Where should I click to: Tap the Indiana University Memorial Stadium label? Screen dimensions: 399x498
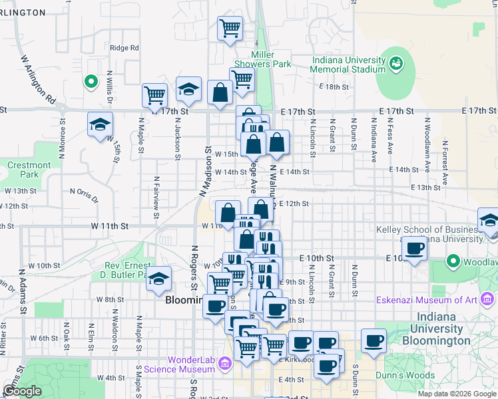[349, 65]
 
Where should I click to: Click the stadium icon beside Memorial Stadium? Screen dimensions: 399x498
[396, 63]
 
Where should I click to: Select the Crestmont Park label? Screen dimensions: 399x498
[29, 170]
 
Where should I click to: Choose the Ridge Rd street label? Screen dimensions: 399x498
[124, 48]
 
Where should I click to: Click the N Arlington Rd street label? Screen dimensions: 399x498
[38, 78]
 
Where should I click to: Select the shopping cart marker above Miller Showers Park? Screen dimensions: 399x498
[230, 29]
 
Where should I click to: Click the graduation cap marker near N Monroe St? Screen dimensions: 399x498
[101, 124]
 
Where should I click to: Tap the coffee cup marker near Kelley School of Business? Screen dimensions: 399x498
[415, 249]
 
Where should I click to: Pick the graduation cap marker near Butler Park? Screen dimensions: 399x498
[159, 279]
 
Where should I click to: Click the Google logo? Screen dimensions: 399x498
[23, 391]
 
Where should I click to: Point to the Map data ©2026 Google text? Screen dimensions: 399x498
[456, 394]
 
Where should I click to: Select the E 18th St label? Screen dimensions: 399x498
[334, 87]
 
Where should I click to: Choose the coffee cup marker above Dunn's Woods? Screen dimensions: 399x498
[373, 341]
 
